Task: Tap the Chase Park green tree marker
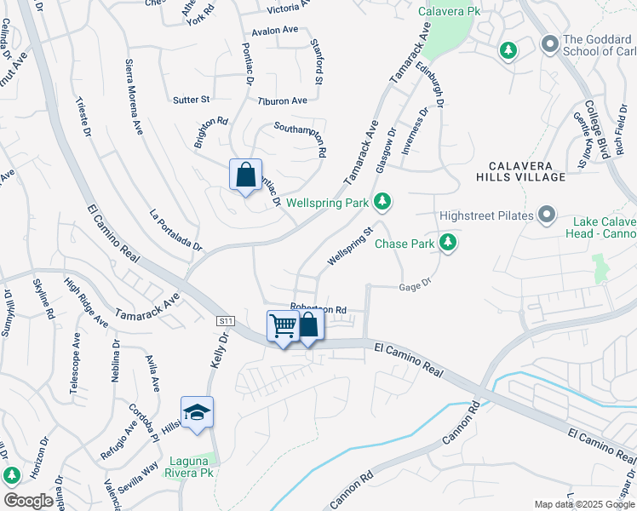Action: [447, 244]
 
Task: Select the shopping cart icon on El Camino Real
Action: [283, 325]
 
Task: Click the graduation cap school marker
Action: [197, 413]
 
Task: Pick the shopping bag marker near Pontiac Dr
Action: [245, 176]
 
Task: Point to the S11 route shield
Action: [225, 321]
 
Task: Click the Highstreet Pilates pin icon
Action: [546, 215]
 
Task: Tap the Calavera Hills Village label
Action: [525, 170]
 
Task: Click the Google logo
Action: [28, 500]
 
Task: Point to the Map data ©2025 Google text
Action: [583, 504]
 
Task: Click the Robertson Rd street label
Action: [318, 309]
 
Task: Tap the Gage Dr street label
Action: [415, 287]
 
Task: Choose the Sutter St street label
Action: [191, 100]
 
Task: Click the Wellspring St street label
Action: [351, 244]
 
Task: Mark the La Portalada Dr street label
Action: [175, 230]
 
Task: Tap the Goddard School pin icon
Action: [548, 42]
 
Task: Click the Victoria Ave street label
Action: [271, 9]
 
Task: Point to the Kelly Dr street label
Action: [218, 351]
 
